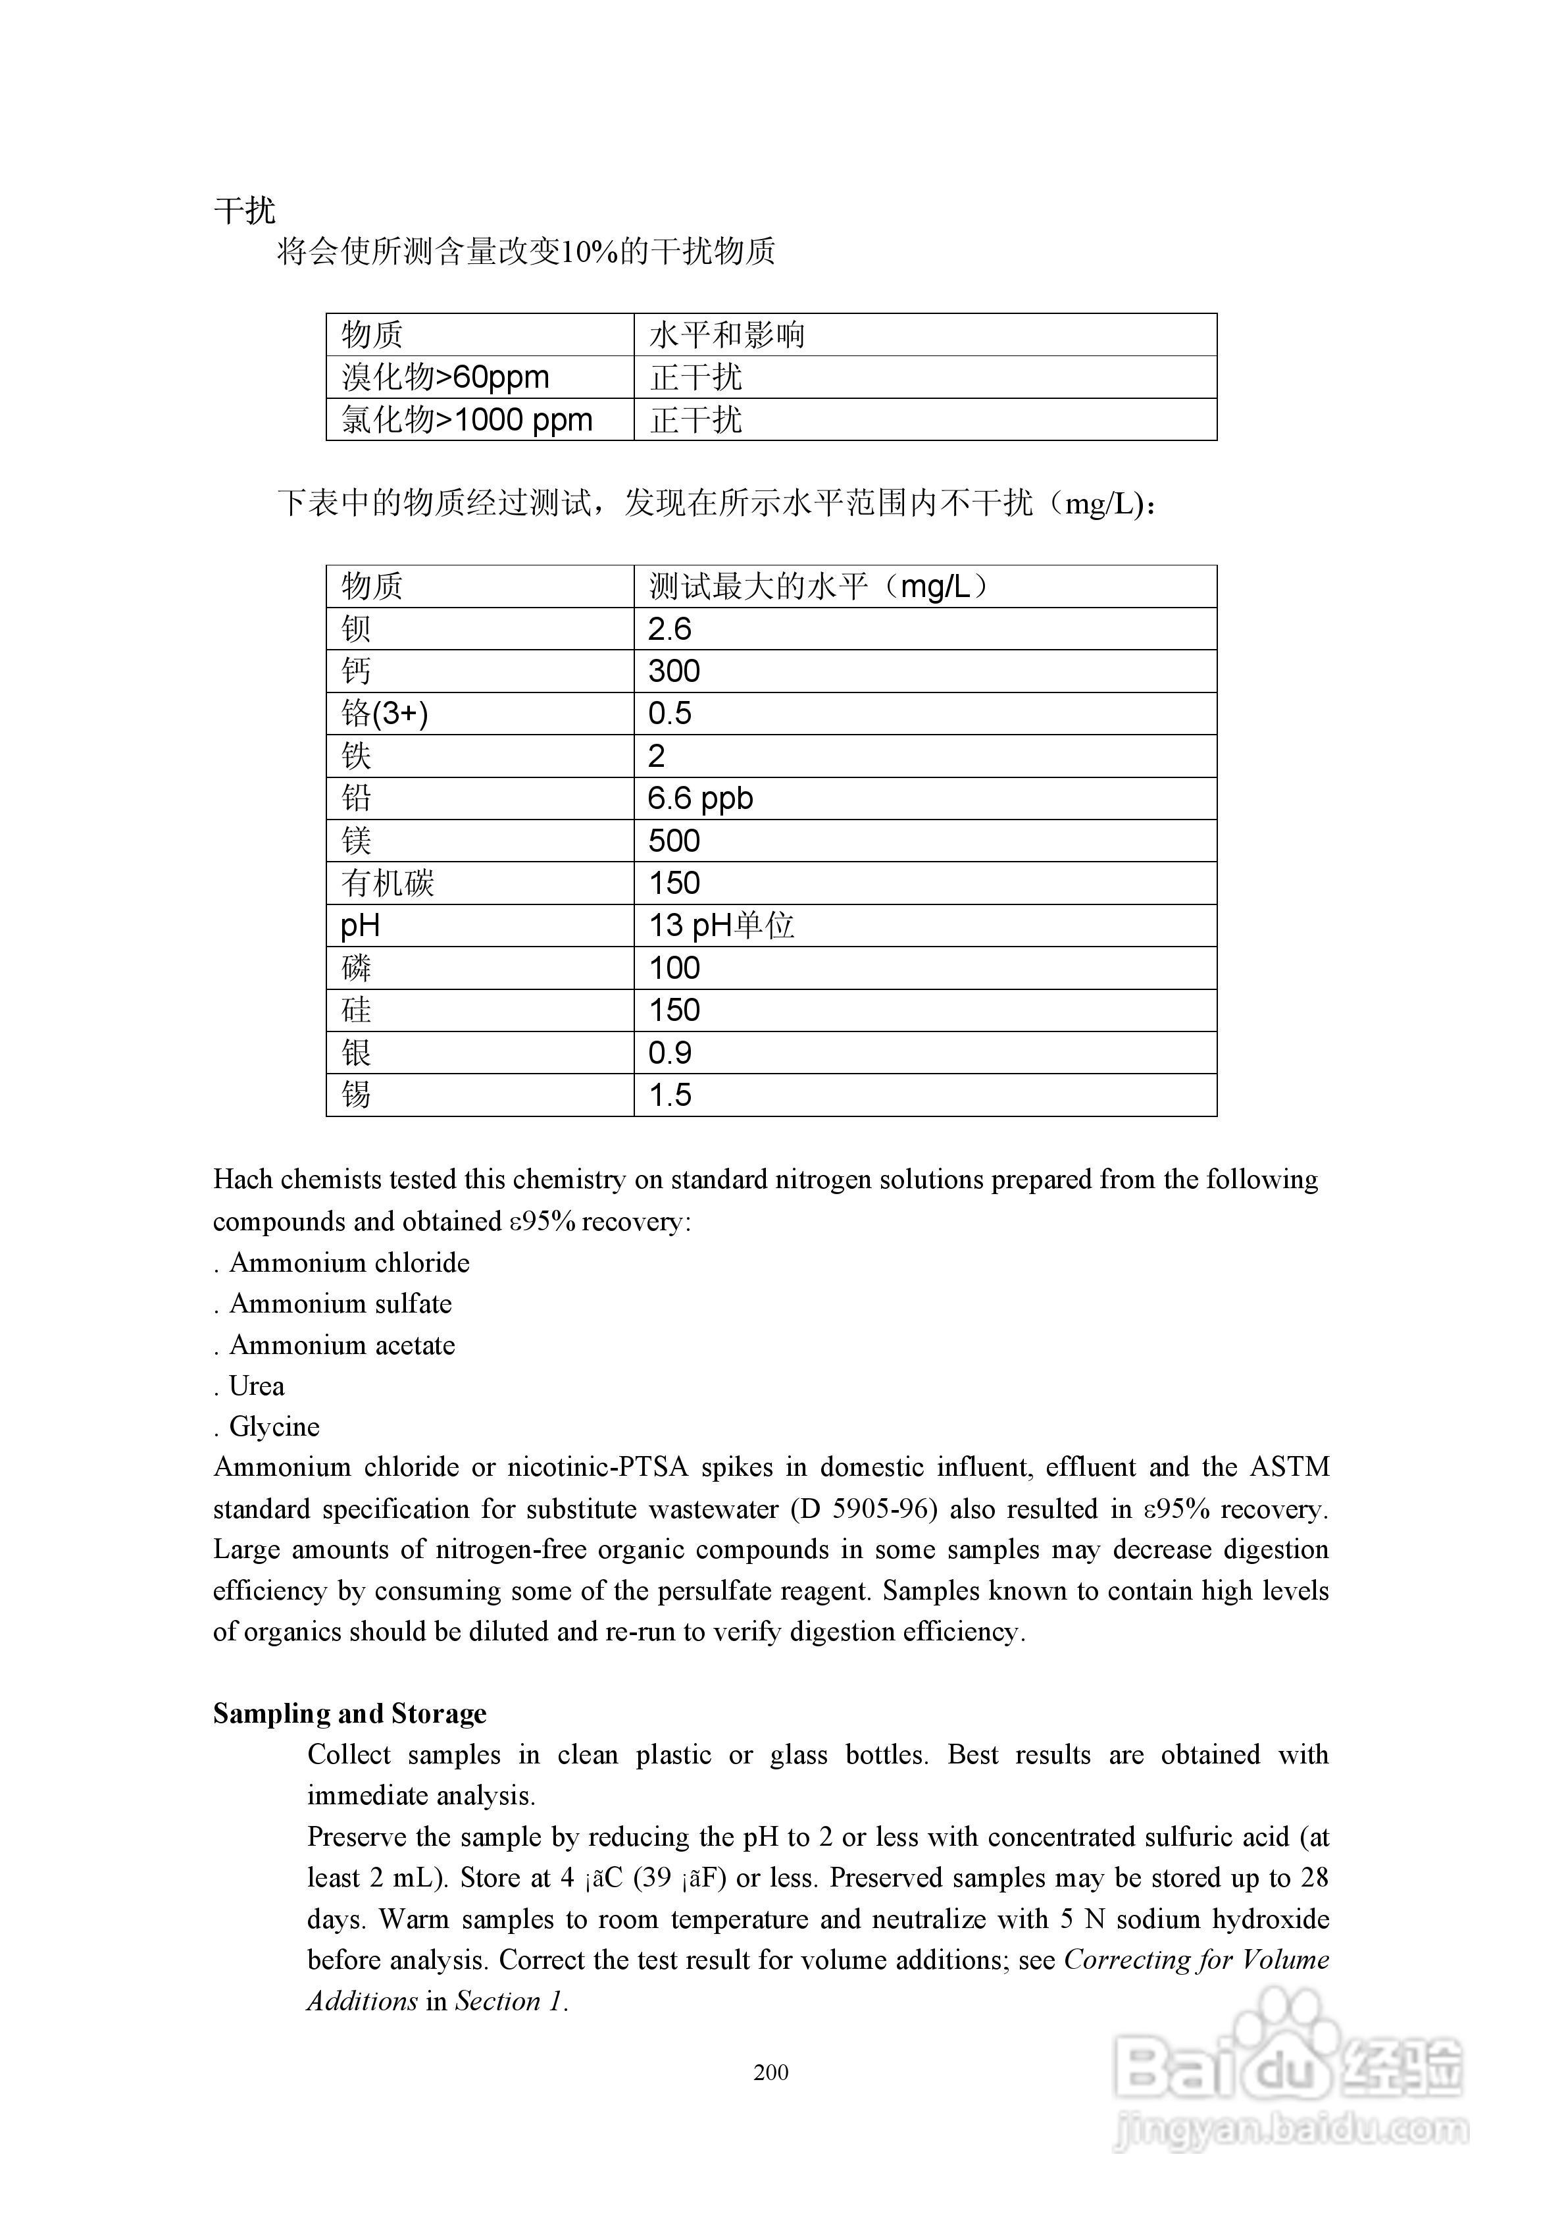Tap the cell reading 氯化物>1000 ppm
[467, 419]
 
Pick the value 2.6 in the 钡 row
[669, 629]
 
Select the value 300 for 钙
[674, 671]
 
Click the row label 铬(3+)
[384, 714]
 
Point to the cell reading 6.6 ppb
[700, 798]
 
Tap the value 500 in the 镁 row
[674, 841]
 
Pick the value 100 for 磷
[674, 968]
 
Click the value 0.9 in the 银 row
[669, 1053]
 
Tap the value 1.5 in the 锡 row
[669, 1095]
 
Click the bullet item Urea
[256, 1386]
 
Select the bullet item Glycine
[273, 1426]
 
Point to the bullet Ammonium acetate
[341, 1345]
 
